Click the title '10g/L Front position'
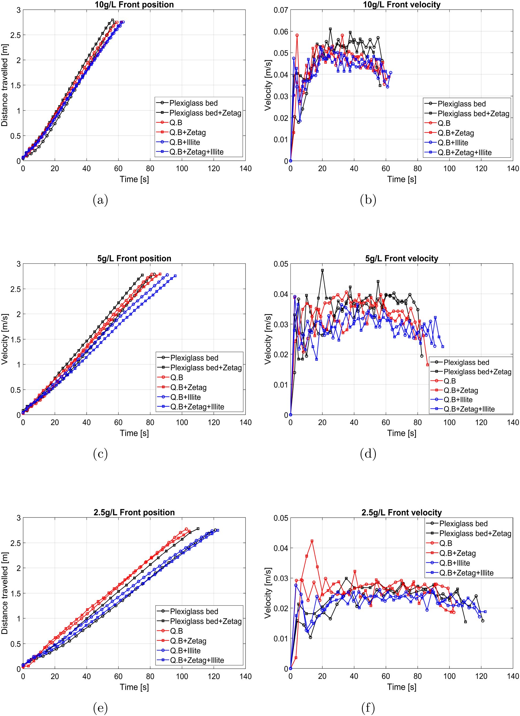(x=134, y=5)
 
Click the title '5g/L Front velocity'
(x=401, y=258)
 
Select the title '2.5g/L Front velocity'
(x=401, y=512)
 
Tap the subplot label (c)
(x=100, y=454)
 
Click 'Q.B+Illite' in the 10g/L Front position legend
(x=184, y=142)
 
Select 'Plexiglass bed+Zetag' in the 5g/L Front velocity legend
(x=477, y=372)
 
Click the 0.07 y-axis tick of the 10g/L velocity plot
(x=280, y=10)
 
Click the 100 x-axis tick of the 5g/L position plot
(x=182, y=422)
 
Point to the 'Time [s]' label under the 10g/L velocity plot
(x=401, y=179)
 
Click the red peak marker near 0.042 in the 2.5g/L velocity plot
(x=312, y=541)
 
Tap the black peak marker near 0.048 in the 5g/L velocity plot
(x=322, y=270)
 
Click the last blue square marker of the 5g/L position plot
(x=175, y=276)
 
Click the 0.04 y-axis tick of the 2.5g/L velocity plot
(x=280, y=548)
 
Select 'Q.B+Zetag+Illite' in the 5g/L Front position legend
(x=197, y=407)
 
